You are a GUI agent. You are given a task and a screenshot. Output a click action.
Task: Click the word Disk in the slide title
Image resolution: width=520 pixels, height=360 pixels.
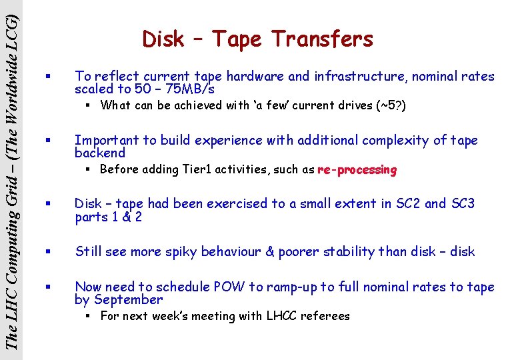tap(163, 39)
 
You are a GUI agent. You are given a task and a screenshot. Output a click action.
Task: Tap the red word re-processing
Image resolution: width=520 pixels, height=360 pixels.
tap(357, 169)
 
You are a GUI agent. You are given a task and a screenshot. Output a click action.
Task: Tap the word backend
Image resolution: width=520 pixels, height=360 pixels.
tap(100, 153)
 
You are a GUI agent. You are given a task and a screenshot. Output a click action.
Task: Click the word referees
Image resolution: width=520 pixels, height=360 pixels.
tap(326, 316)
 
